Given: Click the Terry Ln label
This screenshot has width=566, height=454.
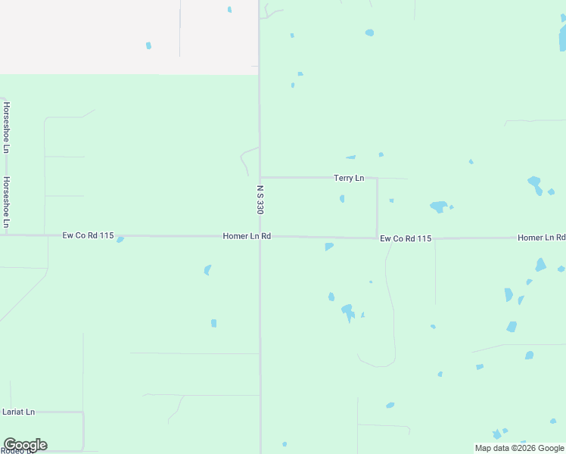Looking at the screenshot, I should [x=349, y=179].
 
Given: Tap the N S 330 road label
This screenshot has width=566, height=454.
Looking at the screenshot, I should [x=260, y=199].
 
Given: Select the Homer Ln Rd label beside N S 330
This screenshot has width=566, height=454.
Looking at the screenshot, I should [x=247, y=237].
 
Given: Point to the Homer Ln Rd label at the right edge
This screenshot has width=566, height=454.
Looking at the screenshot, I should [x=541, y=238].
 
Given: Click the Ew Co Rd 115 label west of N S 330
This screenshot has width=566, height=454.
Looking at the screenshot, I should [x=88, y=236].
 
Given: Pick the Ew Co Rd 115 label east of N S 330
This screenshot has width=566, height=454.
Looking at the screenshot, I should [x=406, y=239].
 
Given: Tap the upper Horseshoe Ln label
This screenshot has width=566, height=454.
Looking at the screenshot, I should [x=6, y=127].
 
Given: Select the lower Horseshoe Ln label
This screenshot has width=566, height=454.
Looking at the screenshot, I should [x=6, y=202].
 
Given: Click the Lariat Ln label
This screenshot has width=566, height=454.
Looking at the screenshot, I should [x=19, y=412].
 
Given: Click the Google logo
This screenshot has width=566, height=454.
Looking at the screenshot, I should [x=25, y=445].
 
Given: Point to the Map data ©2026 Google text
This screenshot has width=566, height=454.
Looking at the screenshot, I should [x=520, y=448].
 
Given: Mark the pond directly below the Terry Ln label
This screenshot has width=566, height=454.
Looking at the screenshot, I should [x=342, y=199].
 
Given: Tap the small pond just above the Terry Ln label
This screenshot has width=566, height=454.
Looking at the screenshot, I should [x=351, y=157].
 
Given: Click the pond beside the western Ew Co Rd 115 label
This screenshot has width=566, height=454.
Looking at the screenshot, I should [x=120, y=240].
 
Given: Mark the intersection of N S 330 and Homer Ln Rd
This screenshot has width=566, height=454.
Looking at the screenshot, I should [x=260, y=236].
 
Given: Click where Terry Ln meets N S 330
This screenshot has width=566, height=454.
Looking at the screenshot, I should [x=260, y=178].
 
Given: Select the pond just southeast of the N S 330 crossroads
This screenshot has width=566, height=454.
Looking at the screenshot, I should [x=328, y=247].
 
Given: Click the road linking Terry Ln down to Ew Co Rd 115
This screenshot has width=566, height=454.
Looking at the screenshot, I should [x=377, y=208].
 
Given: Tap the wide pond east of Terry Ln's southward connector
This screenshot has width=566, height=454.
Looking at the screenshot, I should [x=438, y=207].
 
